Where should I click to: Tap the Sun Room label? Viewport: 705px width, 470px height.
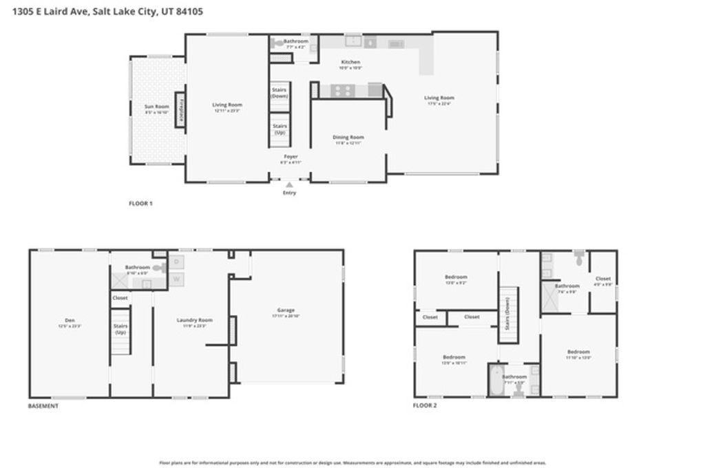tap(156, 108)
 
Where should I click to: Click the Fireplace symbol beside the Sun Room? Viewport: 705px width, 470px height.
tap(180, 110)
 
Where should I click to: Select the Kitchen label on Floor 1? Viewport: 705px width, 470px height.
tap(350, 63)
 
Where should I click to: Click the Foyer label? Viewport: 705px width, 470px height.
tap(291, 158)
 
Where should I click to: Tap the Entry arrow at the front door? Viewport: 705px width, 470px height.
tap(290, 184)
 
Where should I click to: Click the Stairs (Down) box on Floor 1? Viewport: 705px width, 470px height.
tap(280, 94)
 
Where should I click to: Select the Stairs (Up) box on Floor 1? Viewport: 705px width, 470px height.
tap(280, 129)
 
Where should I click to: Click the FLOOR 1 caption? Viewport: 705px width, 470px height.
tap(140, 204)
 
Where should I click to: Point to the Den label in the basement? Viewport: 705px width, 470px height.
tap(70, 321)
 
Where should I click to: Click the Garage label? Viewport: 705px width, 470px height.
tap(286, 312)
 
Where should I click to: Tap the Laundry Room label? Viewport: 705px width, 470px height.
tap(195, 321)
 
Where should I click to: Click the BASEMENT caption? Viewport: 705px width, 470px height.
tap(43, 406)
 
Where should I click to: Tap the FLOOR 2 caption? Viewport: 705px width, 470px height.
tap(425, 406)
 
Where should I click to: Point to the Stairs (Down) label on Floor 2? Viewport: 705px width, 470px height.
tap(507, 314)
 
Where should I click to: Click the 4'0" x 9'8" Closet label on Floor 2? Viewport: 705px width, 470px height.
tap(603, 281)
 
